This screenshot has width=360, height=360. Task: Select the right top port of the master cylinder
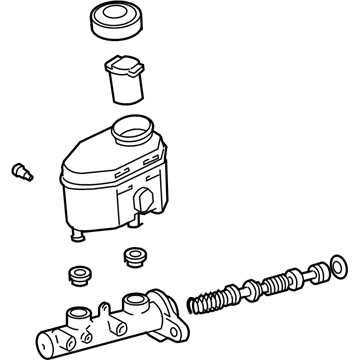point(136,301)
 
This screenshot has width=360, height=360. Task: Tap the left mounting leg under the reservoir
point(76,237)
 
